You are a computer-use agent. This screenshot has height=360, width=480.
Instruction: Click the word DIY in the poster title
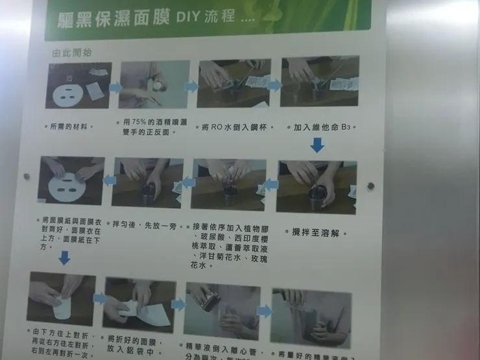(x=189, y=16)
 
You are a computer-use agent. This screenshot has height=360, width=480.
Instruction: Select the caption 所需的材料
(x=73, y=126)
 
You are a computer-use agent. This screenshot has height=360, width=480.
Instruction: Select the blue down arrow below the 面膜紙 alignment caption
(x=64, y=258)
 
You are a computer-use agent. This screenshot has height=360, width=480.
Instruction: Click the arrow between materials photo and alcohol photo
(x=115, y=87)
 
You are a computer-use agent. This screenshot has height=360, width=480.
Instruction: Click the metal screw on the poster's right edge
(x=370, y=186)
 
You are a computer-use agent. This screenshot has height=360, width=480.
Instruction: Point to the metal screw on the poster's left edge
(x=27, y=176)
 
